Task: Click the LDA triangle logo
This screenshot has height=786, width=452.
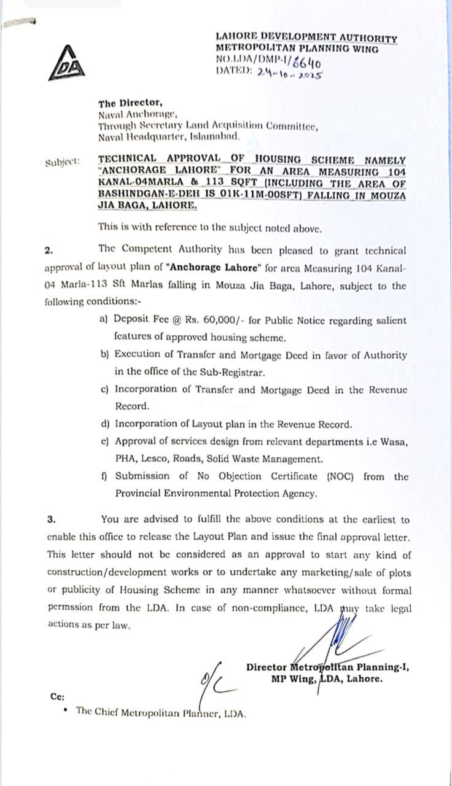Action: coord(67,64)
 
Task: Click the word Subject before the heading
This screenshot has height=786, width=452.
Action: coord(62,163)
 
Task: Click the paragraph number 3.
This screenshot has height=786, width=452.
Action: coord(51,519)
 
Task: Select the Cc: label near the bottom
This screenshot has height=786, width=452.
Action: coord(57,696)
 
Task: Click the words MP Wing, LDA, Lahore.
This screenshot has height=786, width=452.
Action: coord(327,679)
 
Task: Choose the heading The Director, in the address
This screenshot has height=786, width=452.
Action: coord(130,104)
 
